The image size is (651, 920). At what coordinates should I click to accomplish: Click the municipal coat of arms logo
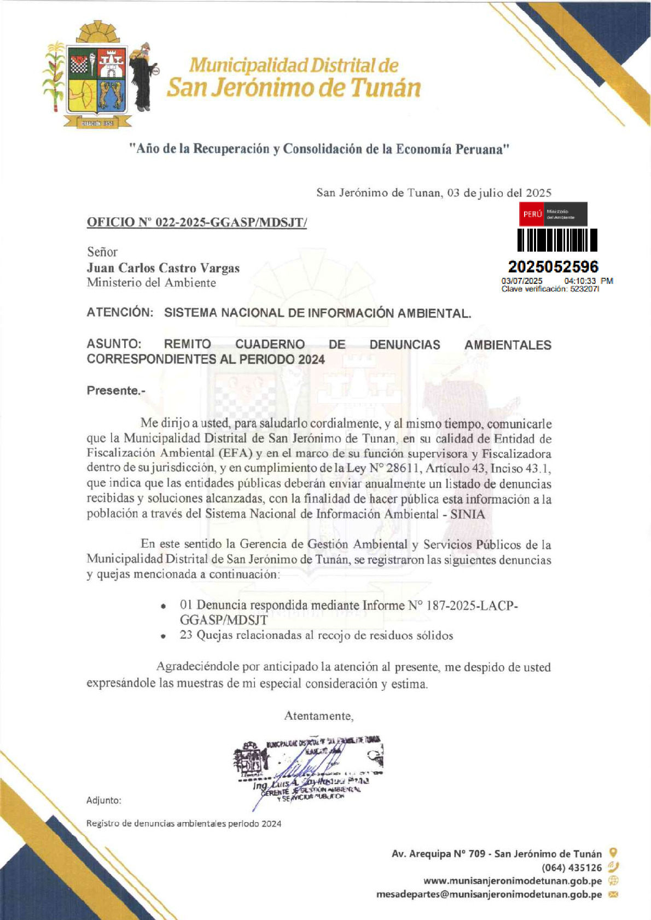98,77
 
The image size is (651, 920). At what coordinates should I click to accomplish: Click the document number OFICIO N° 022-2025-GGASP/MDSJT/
196,222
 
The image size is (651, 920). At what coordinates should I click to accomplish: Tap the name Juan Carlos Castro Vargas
163,268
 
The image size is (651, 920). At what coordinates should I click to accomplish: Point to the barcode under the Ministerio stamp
557,240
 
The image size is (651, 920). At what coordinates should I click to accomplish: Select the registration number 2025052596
553,267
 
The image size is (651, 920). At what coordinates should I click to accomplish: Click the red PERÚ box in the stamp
532,214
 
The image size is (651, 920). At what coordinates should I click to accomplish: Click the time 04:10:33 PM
588,281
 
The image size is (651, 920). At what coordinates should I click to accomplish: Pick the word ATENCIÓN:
120,313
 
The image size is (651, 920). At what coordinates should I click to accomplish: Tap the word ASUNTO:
114,344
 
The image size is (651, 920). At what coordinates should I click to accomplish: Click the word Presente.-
116,391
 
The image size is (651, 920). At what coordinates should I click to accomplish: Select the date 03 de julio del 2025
499,193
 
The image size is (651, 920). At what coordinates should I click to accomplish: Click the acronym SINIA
467,514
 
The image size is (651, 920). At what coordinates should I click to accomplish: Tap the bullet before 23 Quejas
163,636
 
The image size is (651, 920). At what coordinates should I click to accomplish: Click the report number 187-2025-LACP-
472,605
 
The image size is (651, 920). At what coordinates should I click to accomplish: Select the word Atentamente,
318,716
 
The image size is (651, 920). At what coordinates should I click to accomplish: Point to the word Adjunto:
104,800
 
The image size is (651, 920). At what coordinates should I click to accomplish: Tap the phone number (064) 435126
572,867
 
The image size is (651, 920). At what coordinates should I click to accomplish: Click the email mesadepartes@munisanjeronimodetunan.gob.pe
489,894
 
